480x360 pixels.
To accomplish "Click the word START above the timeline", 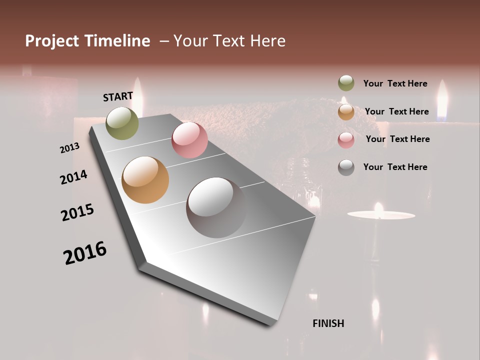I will pos(118,96).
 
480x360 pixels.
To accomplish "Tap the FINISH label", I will pos(328,323).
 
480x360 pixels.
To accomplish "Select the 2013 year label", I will pos(69,147).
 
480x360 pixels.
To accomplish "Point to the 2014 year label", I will pos(73,177).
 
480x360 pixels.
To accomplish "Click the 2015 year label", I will pos(77,212).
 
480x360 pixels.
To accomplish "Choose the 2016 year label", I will pos(85,252).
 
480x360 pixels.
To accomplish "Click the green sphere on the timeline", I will pos(122,123).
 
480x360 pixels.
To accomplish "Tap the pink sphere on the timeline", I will pos(189,139).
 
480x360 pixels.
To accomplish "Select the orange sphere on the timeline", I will pos(145,180).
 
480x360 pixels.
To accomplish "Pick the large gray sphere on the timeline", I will pos(216,207).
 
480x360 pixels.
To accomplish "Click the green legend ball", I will pos(346,83).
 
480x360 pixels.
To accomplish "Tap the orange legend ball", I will pos(346,112).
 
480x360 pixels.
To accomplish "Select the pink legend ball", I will pos(346,140).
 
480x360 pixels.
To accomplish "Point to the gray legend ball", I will pos(346,167).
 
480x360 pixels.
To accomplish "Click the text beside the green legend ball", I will pos(395,83).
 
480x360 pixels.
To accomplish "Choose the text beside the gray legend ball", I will pos(395,167).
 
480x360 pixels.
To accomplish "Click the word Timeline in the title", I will pos(118,41).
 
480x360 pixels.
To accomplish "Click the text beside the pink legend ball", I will pos(397,139).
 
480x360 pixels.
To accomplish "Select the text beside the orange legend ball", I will pos(396,111).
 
